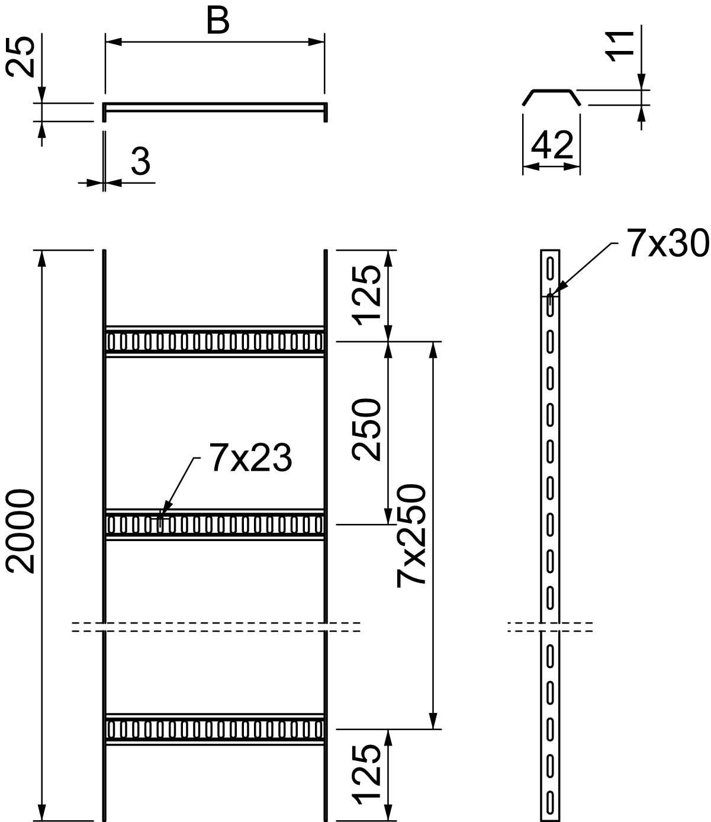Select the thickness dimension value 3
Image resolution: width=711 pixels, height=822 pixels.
[x=140, y=162]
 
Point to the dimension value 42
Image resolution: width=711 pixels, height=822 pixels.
[x=552, y=146]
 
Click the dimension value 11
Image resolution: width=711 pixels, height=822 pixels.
[x=622, y=44]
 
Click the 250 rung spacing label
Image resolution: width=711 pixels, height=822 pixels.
[x=366, y=430]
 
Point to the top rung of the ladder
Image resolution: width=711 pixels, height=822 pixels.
[x=214, y=341]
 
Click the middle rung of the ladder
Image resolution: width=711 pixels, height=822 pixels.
[x=214, y=524]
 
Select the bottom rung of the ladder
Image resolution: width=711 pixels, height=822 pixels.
[x=214, y=728]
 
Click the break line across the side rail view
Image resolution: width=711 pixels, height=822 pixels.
[x=551, y=626]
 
